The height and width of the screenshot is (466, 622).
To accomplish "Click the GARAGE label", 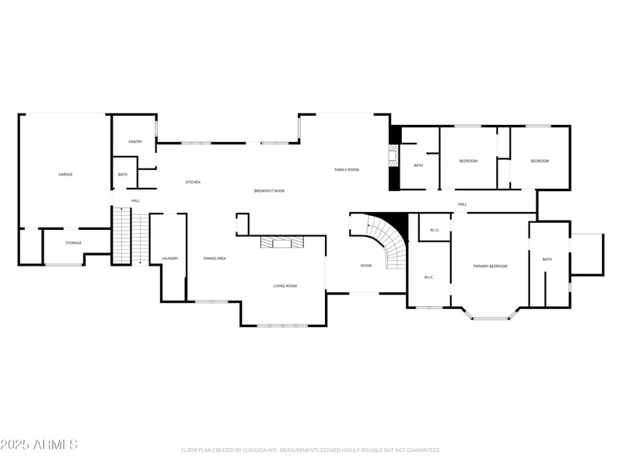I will [65, 174].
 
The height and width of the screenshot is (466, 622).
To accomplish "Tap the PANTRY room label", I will [135, 142].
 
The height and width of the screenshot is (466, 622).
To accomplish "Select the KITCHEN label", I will [193, 182].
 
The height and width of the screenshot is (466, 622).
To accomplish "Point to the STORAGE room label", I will [73, 243].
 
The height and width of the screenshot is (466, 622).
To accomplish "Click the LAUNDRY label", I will [169, 258].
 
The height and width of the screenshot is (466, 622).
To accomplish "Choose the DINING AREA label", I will [215, 258].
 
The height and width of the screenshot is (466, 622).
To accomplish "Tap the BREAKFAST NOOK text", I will [269, 190].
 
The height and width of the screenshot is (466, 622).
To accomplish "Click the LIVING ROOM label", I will [285, 286].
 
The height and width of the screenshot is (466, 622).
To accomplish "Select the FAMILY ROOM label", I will [347, 169].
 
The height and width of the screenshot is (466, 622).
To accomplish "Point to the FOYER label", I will [365, 266].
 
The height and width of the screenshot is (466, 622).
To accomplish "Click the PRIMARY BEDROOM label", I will [490, 266].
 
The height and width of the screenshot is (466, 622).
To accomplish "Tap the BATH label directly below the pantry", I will [123, 175].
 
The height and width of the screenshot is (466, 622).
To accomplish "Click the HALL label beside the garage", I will [135, 200].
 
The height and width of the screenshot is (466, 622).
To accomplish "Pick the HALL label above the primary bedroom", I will [462, 204].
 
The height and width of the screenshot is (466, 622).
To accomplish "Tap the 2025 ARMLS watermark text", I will [39, 445].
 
